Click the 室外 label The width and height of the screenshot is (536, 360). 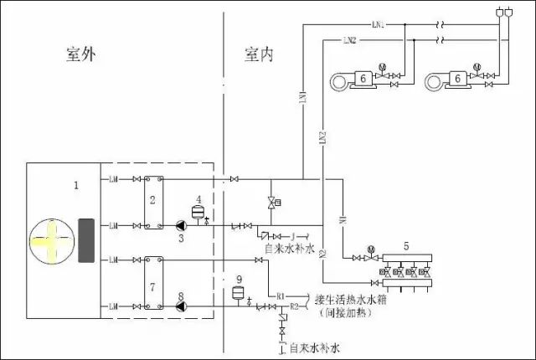point(83,55)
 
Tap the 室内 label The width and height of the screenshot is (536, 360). point(259,55)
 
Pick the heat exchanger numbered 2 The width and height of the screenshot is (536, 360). point(152,202)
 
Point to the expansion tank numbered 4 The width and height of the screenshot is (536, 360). point(198,212)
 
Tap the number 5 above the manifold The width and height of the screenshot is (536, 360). point(406,246)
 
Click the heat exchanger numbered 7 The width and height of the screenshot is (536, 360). point(152,285)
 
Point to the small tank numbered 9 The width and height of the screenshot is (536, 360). point(239,293)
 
